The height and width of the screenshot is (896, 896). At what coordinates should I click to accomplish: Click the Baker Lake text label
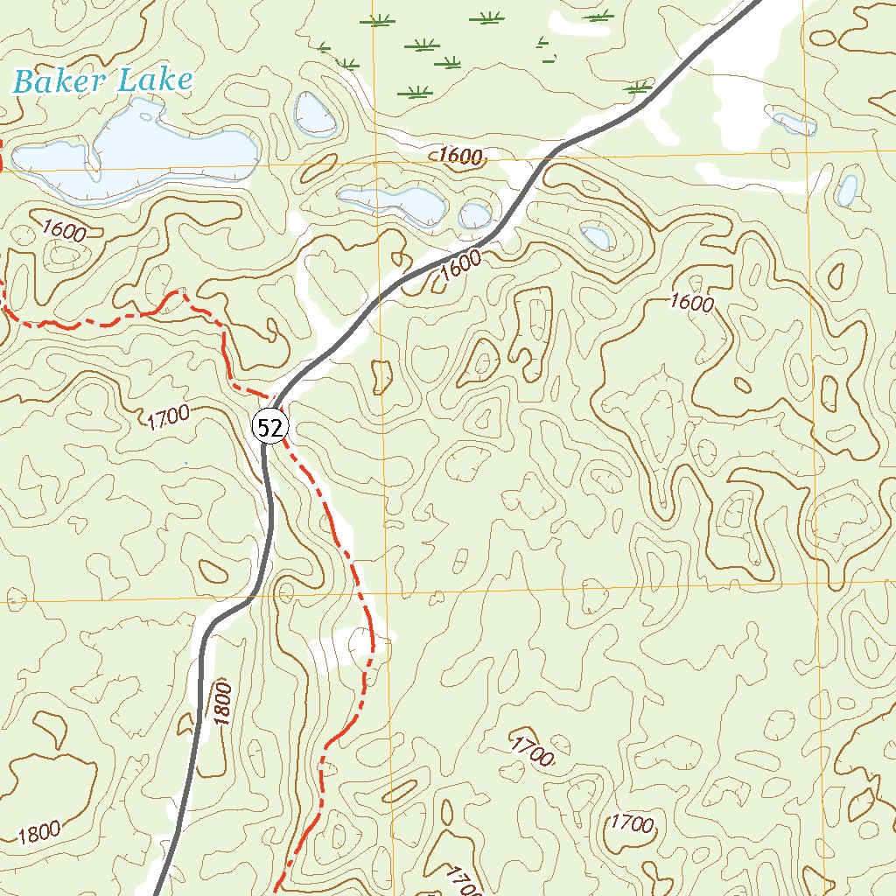click(102, 81)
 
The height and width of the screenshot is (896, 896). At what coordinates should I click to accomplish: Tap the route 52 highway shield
click(270, 427)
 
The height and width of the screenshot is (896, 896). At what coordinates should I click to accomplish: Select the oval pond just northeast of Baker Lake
click(315, 114)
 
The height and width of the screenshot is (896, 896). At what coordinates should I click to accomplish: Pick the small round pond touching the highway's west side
click(475, 213)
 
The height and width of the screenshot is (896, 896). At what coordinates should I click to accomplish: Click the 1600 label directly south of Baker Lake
click(63, 231)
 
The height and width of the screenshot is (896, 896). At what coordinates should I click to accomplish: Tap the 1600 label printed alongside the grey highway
click(461, 263)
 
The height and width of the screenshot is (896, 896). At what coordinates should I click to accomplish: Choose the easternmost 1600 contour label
click(691, 304)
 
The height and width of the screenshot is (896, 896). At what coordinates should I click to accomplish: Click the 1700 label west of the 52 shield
click(169, 418)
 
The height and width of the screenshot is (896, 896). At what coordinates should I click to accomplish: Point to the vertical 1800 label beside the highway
click(223, 703)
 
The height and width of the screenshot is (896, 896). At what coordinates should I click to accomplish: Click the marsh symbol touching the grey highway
click(639, 87)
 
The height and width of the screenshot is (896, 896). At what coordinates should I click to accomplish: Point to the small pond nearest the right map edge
click(846, 189)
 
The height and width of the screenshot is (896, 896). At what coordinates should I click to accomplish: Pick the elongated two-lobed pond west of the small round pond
click(394, 203)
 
